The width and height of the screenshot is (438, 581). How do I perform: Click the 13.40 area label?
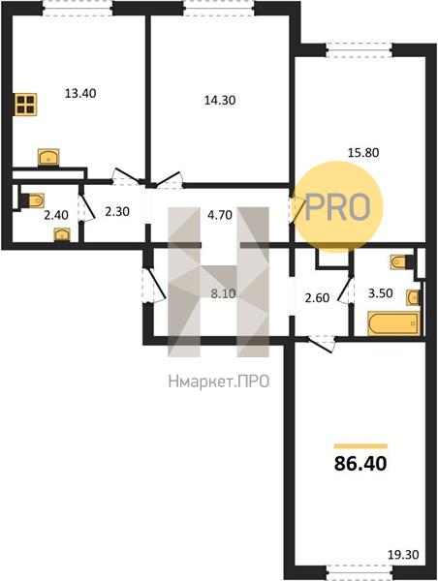point(80,93)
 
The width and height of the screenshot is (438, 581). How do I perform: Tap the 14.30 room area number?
point(220,100)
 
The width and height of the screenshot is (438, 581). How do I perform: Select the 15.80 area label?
point(363,152)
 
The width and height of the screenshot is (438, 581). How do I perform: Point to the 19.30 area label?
point(403,555)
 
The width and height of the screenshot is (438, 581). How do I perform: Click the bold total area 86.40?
point(360,463)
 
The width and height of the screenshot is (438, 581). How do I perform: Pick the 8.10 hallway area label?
point(223,293)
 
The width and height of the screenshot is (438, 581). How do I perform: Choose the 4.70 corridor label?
point(220,215)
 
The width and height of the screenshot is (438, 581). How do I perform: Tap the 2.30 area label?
point(117,211)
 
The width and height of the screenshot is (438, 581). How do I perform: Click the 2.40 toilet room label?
point(56,215)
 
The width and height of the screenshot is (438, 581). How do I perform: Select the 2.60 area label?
point(317,297)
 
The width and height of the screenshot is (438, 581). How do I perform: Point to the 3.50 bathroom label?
point(381,293)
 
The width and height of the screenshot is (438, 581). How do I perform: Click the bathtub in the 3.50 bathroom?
point(393,323)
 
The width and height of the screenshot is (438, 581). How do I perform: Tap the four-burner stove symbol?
point(25,105)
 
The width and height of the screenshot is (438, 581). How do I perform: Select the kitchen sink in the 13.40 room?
point(48,158)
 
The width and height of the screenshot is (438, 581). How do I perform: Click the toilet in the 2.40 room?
point(33,200)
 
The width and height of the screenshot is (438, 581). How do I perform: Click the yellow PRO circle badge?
point(337,207)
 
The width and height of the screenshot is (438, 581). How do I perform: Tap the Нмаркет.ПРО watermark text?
point(219,382)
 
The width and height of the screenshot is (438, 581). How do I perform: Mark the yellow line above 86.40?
point(360,446)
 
